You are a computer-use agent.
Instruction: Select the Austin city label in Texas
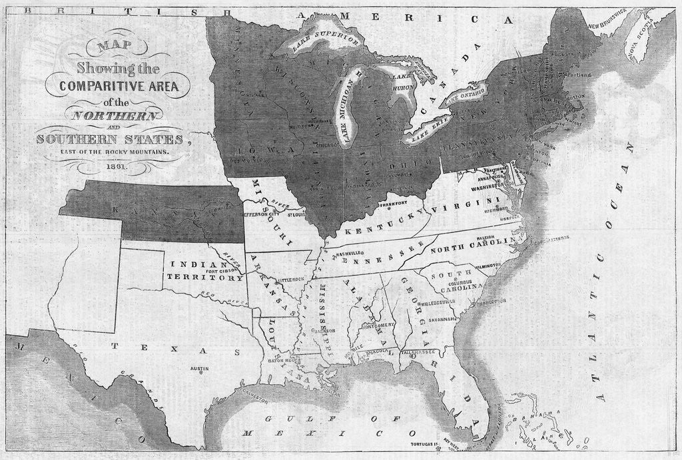(x=200, y=368)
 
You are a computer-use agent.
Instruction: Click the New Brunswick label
(x=607, y=18)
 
